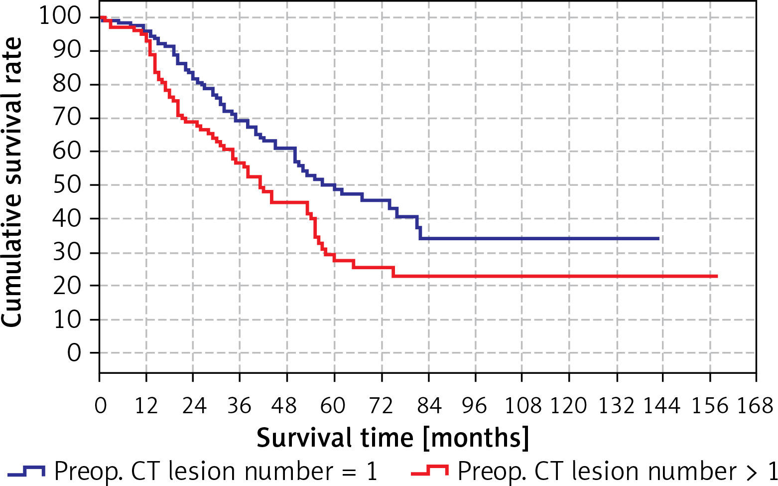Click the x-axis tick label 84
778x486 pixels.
(x=429, y=406)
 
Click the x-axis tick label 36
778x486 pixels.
(x=240, y=406)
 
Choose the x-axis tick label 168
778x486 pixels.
(x=755, y=406)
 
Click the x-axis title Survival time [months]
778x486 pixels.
(x=392, y=438)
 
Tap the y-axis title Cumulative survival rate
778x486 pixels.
(x=12, y=182)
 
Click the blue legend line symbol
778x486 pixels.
(x=26, y=470)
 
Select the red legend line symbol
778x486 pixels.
(x=430, y=470)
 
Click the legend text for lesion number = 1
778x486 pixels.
(x=216, y=471)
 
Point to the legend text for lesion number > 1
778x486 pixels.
(x=617, y=471)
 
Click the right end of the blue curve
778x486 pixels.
(x=658, y=239)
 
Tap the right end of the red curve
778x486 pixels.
(x=717, y=276)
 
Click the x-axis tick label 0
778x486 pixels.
(x=100, y=406)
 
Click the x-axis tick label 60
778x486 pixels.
(x=333, y=406)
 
